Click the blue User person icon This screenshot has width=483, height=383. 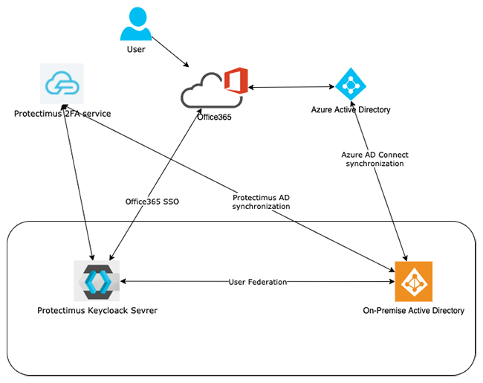pos(135,25)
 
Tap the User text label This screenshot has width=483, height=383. pos(135,50)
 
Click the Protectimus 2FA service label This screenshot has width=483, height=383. pos(62,114)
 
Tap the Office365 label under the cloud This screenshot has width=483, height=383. pos(215,117)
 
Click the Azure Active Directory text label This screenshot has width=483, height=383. pos(351,110)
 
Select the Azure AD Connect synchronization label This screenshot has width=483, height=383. pos(375,159)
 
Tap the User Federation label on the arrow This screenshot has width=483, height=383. pos(258,283)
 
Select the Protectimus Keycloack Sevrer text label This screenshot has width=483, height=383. pos(97,310)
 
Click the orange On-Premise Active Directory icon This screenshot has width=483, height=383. pos(413,280)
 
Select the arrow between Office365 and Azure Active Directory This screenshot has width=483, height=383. pos(291,88)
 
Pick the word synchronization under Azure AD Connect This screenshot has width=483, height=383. pos(375,164)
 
